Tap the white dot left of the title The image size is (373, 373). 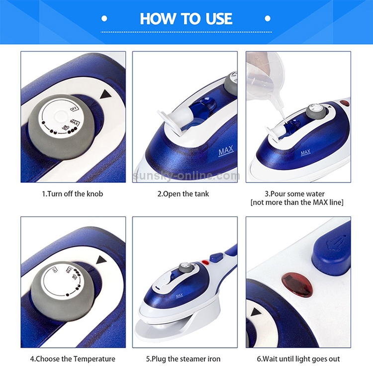(x=104, y=19)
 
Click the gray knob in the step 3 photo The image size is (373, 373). (x=314, y=110)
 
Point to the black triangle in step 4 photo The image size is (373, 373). (x=102, y=260)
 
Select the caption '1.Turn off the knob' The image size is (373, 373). (x=72, y=193)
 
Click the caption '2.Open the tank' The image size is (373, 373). (x=183, y=193)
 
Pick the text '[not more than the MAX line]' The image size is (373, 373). (x=297, y=202)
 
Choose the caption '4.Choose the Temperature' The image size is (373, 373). (x=73, y=359)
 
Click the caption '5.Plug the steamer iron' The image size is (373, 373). (x=183, y=359)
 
